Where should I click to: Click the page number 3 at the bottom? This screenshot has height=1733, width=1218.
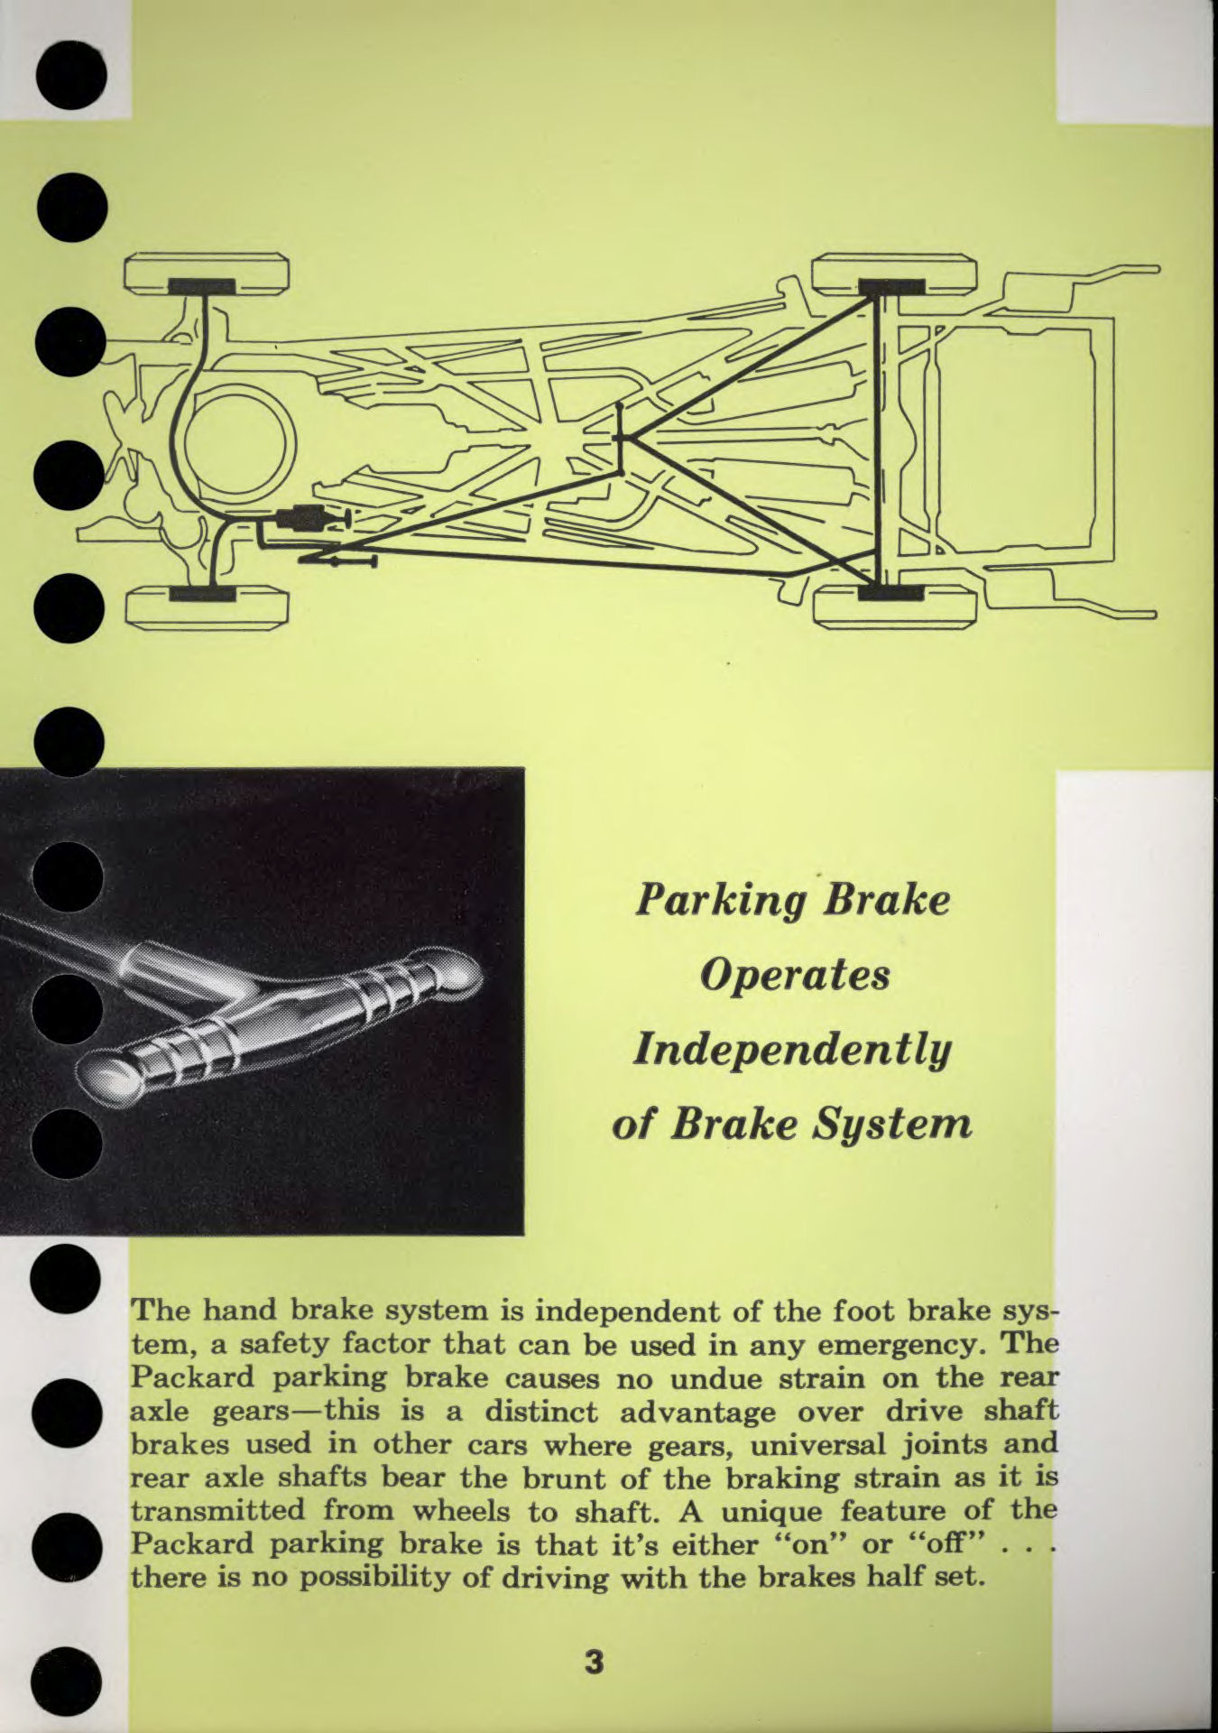point(593,1662)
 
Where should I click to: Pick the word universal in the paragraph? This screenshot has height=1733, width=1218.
point(833,1444)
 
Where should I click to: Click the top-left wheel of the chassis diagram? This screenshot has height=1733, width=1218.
point(207,274)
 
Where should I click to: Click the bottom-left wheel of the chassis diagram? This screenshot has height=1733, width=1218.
point(207,607)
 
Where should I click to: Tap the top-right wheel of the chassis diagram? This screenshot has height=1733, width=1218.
point(893,274)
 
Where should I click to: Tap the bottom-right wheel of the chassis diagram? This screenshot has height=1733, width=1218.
point(893,605)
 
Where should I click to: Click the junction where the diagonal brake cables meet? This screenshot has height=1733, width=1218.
point(621,439)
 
